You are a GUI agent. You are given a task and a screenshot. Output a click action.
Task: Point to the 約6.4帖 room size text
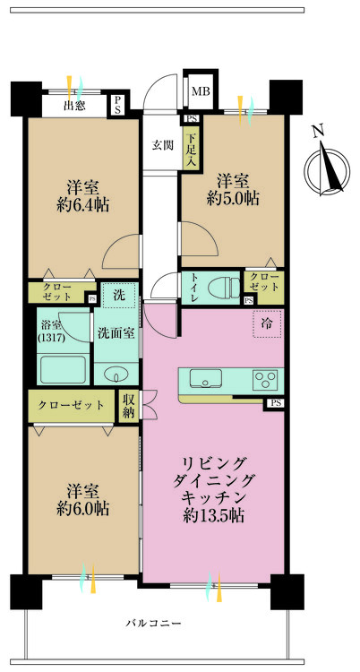click(x=81, y=205)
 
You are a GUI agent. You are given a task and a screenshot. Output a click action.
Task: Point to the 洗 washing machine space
click(x=119, y=293)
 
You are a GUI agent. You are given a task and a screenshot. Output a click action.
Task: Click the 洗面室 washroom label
click(x=116, y=332)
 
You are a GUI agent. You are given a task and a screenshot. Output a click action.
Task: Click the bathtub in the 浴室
click(x=63, y=368)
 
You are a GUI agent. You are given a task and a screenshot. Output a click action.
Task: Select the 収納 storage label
click(x=129, y=406)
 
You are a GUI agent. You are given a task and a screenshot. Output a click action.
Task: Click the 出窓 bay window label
click(x=74, y=106)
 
